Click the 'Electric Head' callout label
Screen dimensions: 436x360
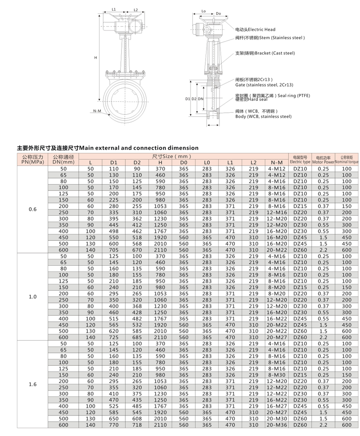tap(261, 29)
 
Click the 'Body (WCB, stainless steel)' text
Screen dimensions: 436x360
tap(263, 116)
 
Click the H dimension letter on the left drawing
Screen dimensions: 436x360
tap(95, 58)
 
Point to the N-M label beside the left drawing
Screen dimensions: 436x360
tap(97, 110)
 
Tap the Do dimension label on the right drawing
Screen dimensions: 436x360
tap(218, 14)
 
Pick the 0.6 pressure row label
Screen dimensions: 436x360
tap(33, 209)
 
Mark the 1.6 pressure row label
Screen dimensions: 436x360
tap(33, 384)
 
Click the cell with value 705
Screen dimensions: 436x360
tap(114, 250)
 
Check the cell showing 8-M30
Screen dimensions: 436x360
tap(277, 375)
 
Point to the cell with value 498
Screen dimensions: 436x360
tap(114, 231)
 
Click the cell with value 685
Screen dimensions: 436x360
tap(137, 337)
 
